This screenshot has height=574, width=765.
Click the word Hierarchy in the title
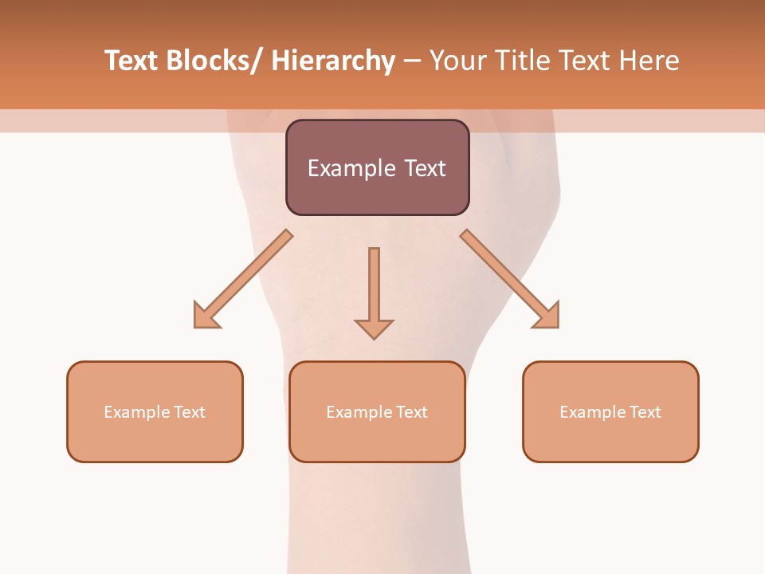click(333, 61)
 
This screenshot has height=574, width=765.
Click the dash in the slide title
click(412, 61)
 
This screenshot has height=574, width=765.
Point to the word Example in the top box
click(347, 168)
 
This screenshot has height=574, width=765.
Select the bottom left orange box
click(155, 439)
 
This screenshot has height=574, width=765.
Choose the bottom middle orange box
click(377, 439)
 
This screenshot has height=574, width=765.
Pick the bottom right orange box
click(610, 439)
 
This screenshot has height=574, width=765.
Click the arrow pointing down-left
click(247, 275)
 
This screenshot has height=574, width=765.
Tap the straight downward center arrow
click(374, 287)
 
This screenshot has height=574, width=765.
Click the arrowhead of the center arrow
click(374, 328)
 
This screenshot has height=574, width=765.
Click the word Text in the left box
click(190, 412)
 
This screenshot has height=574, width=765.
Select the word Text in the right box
click(646, 412)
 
